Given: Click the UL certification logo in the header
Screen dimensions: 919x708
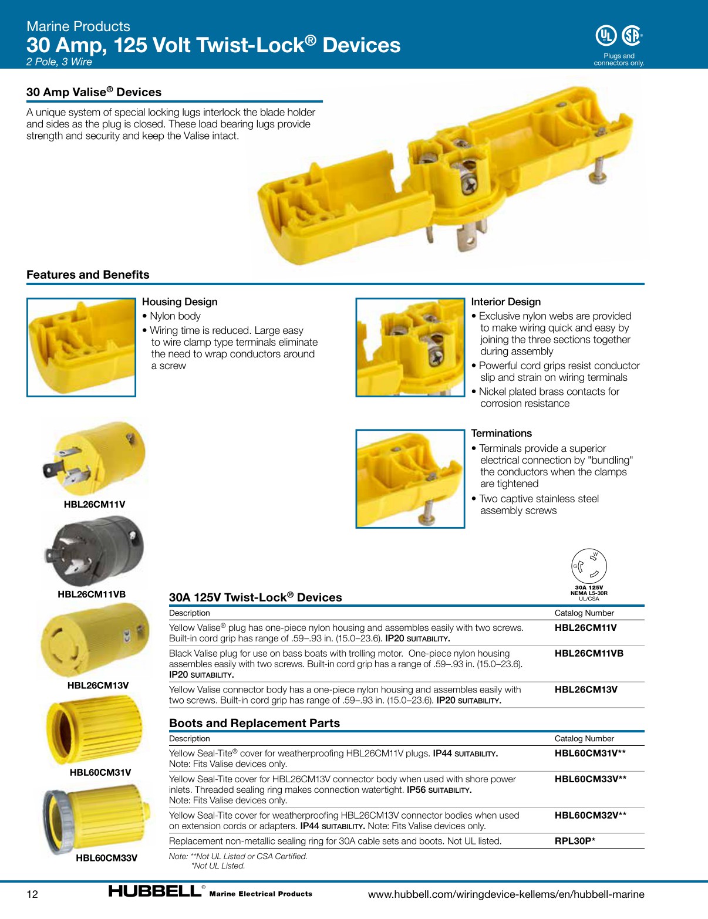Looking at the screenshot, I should coord(606,36).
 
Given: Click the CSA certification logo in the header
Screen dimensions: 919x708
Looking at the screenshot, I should coord(631,36).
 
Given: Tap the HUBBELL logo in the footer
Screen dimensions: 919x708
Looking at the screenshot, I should coord(155,891).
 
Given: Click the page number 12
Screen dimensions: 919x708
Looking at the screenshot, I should coord(32,894).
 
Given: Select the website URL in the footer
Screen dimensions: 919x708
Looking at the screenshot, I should coord(505,894).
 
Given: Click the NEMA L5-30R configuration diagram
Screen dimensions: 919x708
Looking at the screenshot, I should coord(589,567).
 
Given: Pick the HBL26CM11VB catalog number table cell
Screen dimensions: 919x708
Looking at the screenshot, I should coord(589,653).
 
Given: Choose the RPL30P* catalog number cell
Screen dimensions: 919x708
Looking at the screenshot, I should coord(575,841).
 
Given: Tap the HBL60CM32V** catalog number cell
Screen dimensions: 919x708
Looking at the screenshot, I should coord(590,815).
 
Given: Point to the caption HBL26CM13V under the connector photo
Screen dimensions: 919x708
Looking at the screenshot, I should coord(98,685).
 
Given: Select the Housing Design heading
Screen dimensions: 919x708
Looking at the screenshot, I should coord(180,302).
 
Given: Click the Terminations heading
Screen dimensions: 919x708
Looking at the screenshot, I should coord(501,433).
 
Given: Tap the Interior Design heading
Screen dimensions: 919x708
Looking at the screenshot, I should coord(505,302).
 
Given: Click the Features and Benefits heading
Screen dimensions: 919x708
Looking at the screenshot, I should coord(88,275).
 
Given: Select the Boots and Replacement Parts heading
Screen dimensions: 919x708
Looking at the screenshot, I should coord(254,723).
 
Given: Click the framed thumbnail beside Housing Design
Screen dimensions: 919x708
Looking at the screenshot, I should coord(81,347).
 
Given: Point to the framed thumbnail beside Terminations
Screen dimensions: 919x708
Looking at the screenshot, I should coord(410,478).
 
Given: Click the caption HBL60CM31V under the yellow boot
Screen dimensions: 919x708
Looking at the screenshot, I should coord(100,772).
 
